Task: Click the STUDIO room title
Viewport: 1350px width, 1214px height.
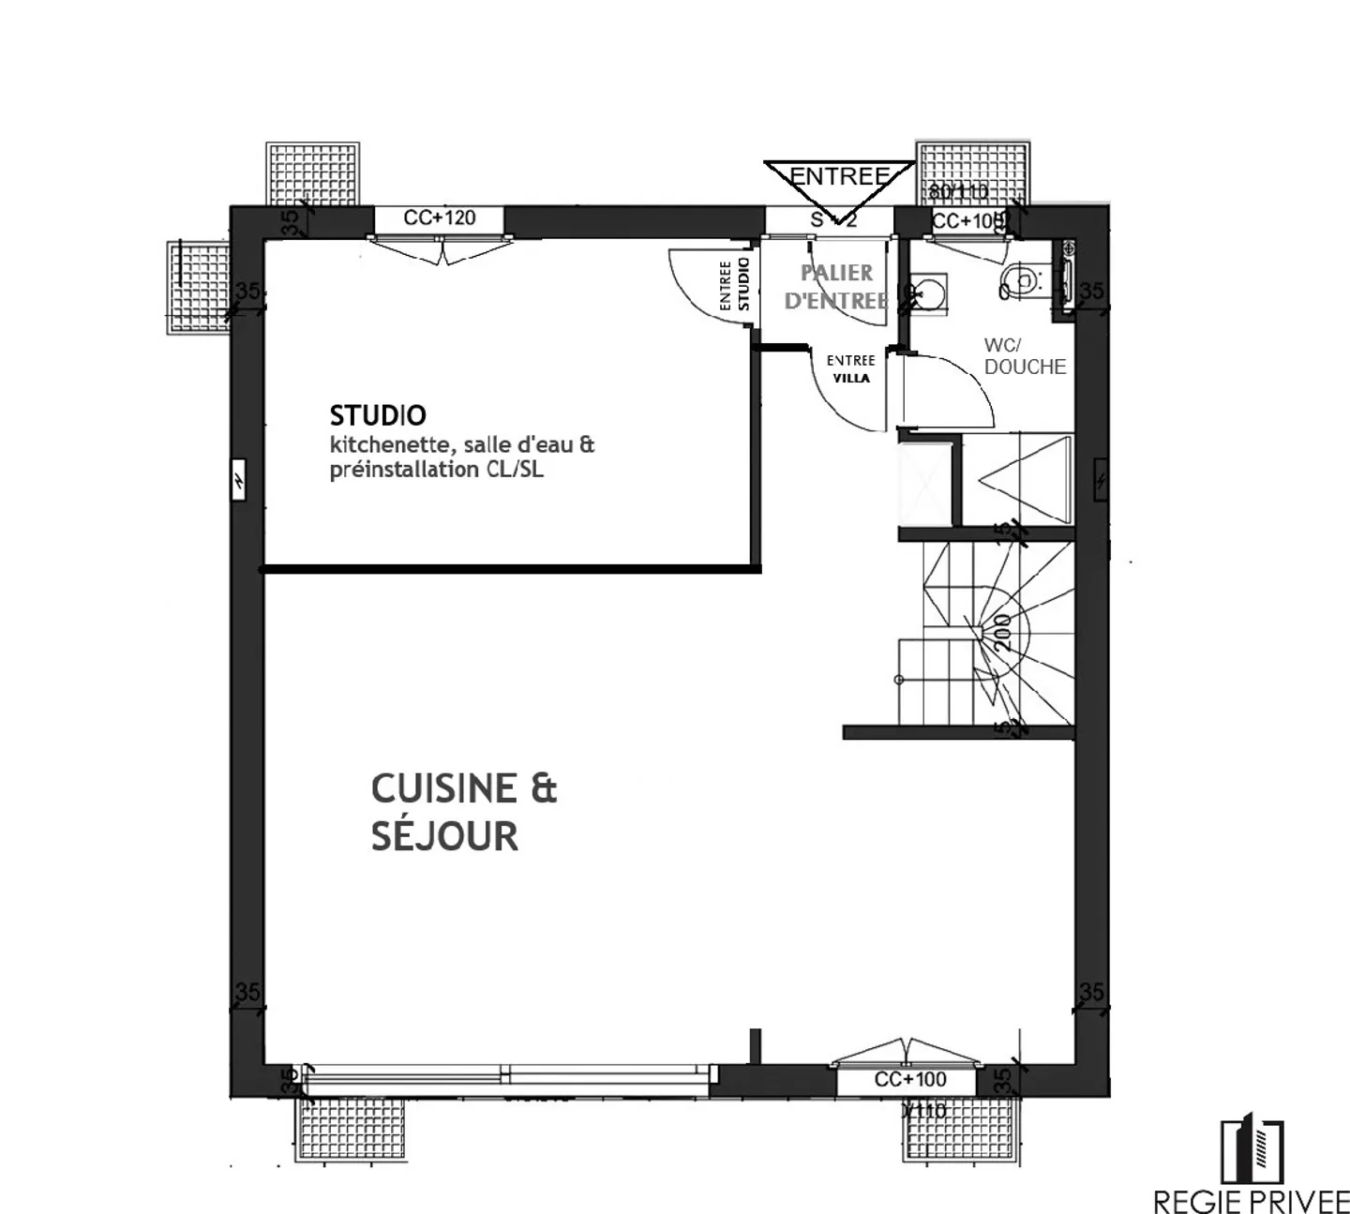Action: click(x=378, y=415)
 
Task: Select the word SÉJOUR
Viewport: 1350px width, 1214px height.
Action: click(x=444, y=835)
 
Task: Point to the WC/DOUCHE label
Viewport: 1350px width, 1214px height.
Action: click(x=1024, y=356)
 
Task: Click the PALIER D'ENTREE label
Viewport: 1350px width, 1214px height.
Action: click(x=836, y=286)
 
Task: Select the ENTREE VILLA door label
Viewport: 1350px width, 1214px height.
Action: click(x=850, y=369)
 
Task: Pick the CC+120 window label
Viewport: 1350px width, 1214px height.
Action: click(x=440, y=218)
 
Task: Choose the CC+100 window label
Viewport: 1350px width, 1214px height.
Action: click(x=909, y=1079)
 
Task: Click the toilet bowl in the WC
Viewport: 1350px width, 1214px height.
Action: click(x=1021, y=278)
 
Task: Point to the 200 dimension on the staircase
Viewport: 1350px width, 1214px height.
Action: click(x=1002, y=633)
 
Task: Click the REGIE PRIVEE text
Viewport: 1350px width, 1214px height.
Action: click(x=1251, y=1200)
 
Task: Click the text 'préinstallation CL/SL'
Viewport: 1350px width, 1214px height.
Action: click(x=436, y=470)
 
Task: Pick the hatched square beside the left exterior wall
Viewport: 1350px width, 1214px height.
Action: click(x=198, y=287)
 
